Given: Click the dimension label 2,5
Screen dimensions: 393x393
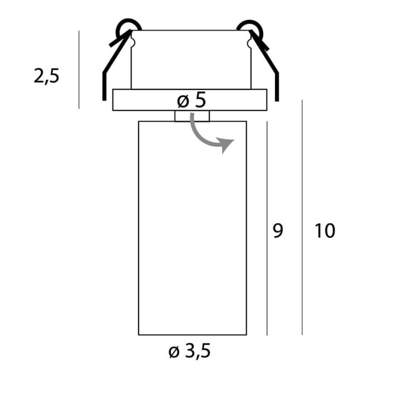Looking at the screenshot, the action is click(46, 76).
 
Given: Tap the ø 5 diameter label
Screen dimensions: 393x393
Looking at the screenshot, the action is click(192, 100).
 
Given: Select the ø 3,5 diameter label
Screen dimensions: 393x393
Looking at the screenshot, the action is click(189, 351).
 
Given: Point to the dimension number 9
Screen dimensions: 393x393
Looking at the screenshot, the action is click(278, 231).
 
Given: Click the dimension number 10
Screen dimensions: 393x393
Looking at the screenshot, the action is click(325, 231).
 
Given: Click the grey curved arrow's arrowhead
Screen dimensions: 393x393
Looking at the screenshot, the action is click(226, 145).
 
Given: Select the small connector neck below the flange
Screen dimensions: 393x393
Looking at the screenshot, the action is click(192, 116).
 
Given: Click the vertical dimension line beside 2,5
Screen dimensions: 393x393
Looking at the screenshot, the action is click(79, 70).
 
